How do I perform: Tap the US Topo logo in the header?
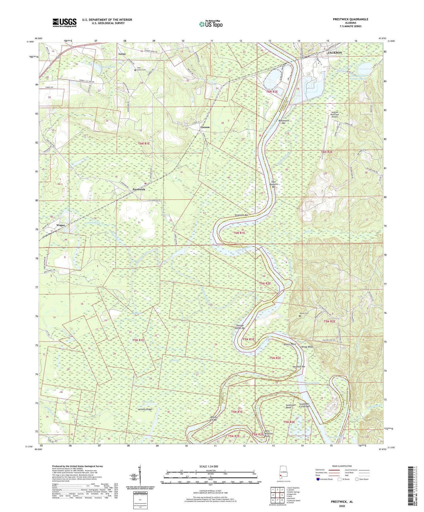click(x=211, y=24)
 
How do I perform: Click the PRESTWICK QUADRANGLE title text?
click(x=351, y=19)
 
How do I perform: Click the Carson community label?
click(x=205, y=127)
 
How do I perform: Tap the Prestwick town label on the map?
click(x=139, y=189)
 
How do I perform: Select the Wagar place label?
click(x=60, y=225)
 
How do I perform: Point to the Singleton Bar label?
click(x=241, y=215)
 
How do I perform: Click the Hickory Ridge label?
click(x=145, y=409)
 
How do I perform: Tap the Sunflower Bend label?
click(x=291, y=406)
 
